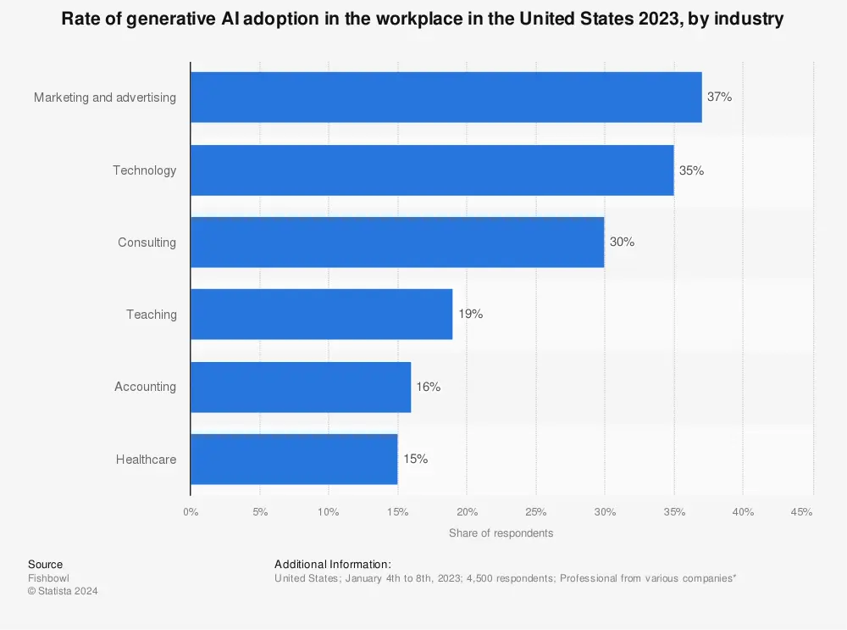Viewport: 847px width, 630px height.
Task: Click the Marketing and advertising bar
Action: coord(446,98)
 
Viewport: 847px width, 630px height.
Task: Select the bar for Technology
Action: coord(432,170)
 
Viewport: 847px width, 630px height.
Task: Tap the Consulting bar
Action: coord(397,243)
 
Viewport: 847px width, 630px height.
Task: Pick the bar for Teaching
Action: coord(322,315)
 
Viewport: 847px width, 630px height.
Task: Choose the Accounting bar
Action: coord(301,387)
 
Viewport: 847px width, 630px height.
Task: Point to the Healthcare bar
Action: coord(294,460)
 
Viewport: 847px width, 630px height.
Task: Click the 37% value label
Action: coord(719,98)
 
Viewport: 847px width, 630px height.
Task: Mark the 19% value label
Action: coord(470,315)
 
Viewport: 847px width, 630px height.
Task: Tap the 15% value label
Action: coord(415,460)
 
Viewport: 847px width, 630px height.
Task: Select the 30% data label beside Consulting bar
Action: coord(622,243)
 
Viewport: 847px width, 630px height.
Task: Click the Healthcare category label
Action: coord(146,460)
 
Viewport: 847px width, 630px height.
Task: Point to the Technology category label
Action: coord(144,170)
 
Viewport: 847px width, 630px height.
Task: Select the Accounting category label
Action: coord(145,387)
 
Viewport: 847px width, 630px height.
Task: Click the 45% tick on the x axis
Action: coord(801,512)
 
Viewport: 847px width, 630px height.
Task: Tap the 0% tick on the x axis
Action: coord(191,512)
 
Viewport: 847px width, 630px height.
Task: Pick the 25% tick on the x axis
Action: coord(535,512)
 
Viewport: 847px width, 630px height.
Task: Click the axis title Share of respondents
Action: coord(501,533)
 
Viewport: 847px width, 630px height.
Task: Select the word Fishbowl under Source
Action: coord(47,578)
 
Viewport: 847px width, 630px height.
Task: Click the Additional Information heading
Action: coord(333,565)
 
